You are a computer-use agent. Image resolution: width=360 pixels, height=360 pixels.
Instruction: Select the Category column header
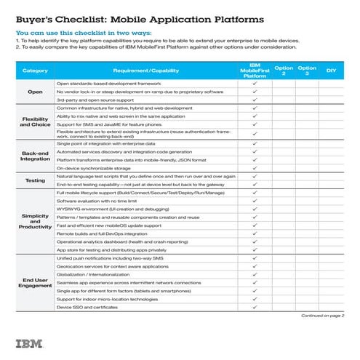[x=35, y=71]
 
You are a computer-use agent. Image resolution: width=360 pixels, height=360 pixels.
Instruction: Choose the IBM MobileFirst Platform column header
[x=255, y=71]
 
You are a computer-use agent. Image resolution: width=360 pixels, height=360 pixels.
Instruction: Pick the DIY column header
[x=331, y=71]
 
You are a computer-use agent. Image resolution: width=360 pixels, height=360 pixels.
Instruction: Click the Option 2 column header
[x=284, y=71]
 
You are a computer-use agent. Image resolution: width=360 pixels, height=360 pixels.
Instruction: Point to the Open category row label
[x=35, y=92]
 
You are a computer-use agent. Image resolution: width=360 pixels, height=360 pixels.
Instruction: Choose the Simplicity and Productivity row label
[x=35, y=221]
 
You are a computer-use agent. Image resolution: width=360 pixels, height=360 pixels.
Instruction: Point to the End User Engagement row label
[x=35, y=281]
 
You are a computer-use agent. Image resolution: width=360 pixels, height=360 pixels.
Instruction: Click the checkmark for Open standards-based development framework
[x=255, y=84]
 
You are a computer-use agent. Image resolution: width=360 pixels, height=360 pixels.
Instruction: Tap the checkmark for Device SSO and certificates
[x=255, y=307]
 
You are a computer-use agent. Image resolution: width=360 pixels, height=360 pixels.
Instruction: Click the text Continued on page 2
[x=322, y=316]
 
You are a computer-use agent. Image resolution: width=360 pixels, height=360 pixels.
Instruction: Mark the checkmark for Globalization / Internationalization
[x=255, y=274]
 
